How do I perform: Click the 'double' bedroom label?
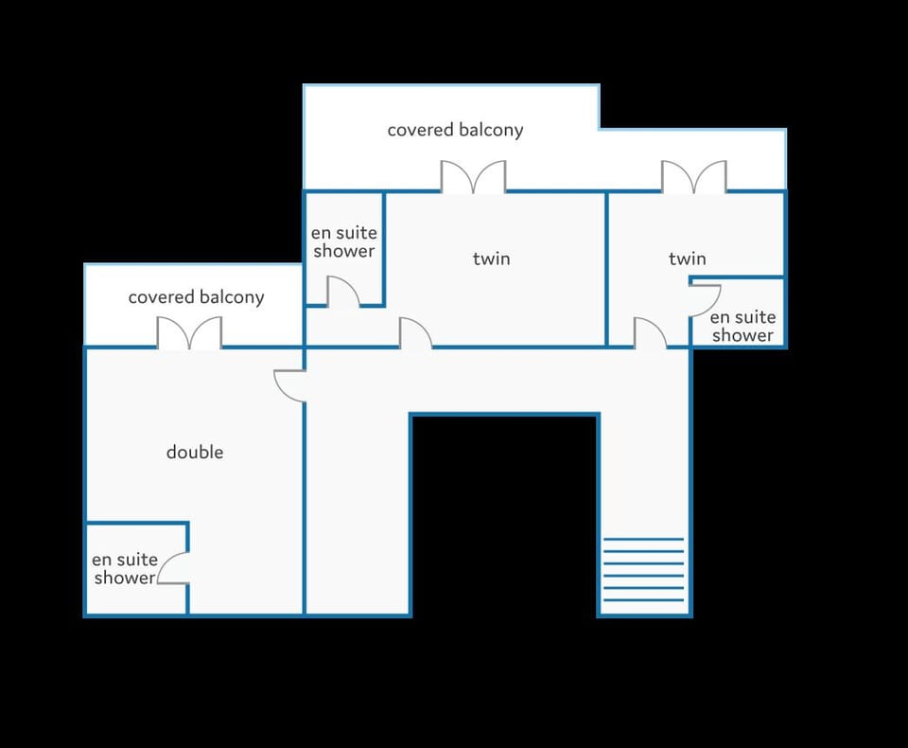tap(195, 452)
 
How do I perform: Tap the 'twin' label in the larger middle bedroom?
tap(491, 258)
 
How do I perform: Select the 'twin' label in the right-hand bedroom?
tap(687, 258)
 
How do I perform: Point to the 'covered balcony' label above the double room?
tap(196, 297)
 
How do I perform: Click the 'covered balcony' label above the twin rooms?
tap(455, 130)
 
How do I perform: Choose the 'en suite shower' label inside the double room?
tap(125, 568)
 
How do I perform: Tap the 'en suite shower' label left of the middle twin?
tap(344, 241)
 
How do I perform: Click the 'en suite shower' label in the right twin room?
tap(743, 326)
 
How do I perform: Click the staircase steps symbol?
tap(643, 569)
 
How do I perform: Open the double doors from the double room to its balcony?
tap(189, 332)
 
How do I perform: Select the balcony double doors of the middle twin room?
tap(473, 176)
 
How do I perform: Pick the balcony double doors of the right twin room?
tap(693, 176)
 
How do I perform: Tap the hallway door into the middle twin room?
tap(415, 333)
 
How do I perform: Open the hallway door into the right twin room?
tap(650, 333)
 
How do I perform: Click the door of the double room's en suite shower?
tap(172, 568)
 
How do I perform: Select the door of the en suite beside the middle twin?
tap(342, 291)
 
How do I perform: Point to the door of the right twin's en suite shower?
tap(705, 300)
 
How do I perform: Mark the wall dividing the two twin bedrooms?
tap(606, 269)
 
